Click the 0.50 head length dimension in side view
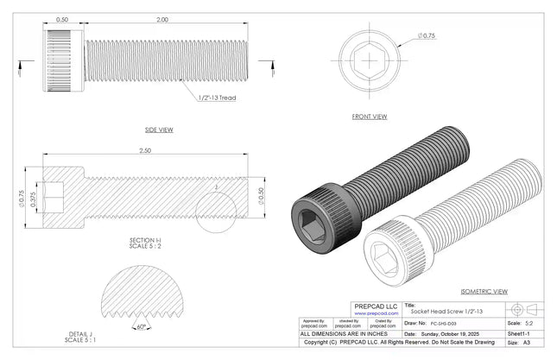tap(62, 18)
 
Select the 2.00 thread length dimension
tap(162, 18)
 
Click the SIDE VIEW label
tap(159, 129)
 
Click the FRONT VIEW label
tap(369, 116)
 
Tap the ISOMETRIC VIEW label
tap(484, 292)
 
